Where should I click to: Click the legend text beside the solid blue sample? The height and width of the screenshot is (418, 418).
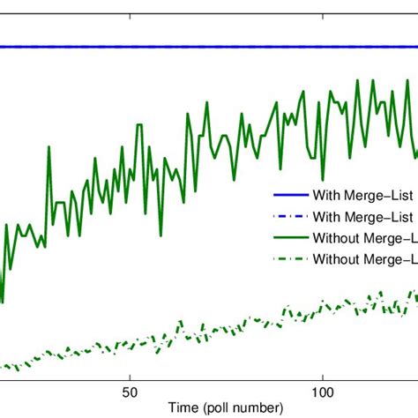click(x=362, y=196)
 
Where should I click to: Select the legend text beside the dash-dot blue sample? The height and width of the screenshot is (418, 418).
click(x=362, y=216)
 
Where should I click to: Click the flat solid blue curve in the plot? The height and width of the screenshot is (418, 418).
click(x=176, y=47)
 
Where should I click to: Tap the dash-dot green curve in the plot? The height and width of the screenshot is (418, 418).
click(x=220, y=330)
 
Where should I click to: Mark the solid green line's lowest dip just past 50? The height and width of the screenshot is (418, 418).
click(x=160, y=235)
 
